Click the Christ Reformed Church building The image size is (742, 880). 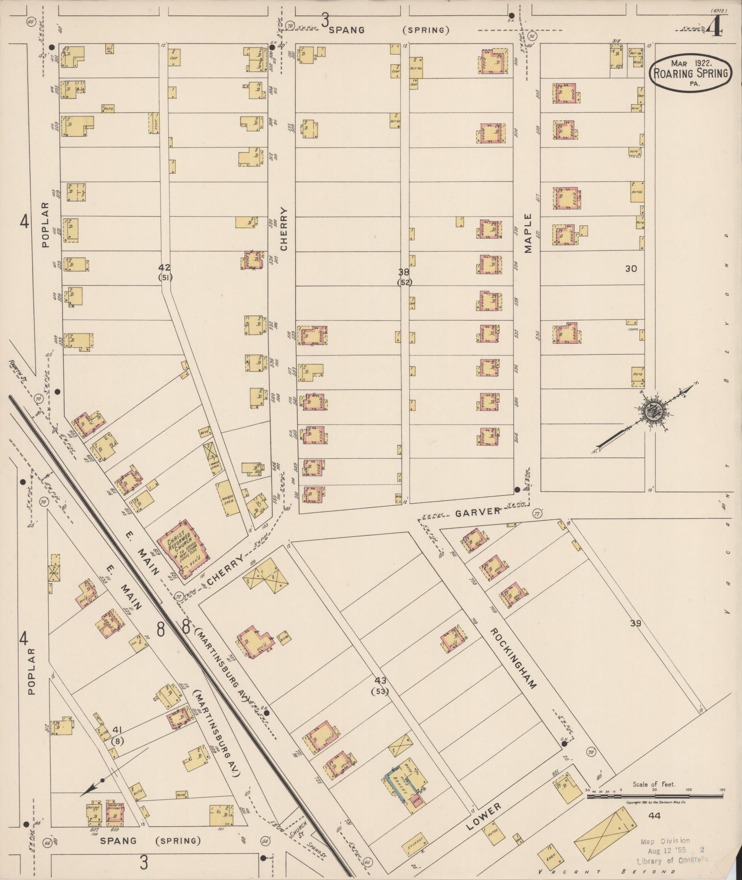coord(184,549)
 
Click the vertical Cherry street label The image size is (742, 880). coord(283,229)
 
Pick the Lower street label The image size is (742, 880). coord(485,817)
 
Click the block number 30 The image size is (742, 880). coord(631,269)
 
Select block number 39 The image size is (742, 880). coord(635,623)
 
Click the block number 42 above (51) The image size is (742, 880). coord(164,267)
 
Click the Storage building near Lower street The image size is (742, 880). coord(415,846)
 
